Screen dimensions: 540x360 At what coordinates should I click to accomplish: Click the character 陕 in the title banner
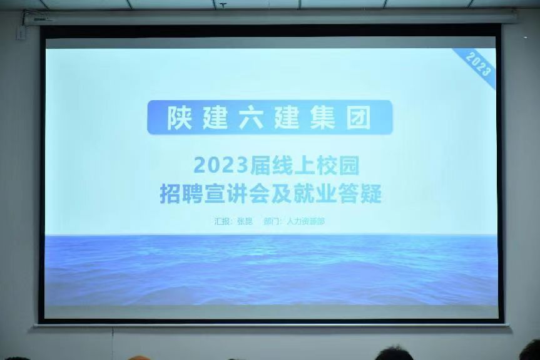coord(180,117)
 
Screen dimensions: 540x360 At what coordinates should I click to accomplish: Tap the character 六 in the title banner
coord(252,117)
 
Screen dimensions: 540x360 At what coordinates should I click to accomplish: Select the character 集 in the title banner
coord(323,117)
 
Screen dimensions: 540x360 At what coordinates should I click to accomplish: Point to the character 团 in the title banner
coord(359,117)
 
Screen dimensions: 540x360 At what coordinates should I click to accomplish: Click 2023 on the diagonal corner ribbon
coord(478,64)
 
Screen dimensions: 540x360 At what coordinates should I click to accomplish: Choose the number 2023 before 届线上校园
coord(221,166)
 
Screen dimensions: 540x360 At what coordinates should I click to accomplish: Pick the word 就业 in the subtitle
coord(315,194)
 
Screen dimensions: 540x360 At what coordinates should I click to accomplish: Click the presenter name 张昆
coord(245,221)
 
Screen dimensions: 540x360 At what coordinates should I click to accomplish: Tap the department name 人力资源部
coord(305,221)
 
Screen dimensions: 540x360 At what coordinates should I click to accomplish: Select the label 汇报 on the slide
coord(222,221)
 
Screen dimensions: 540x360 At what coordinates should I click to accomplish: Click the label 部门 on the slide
coord(272,221)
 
